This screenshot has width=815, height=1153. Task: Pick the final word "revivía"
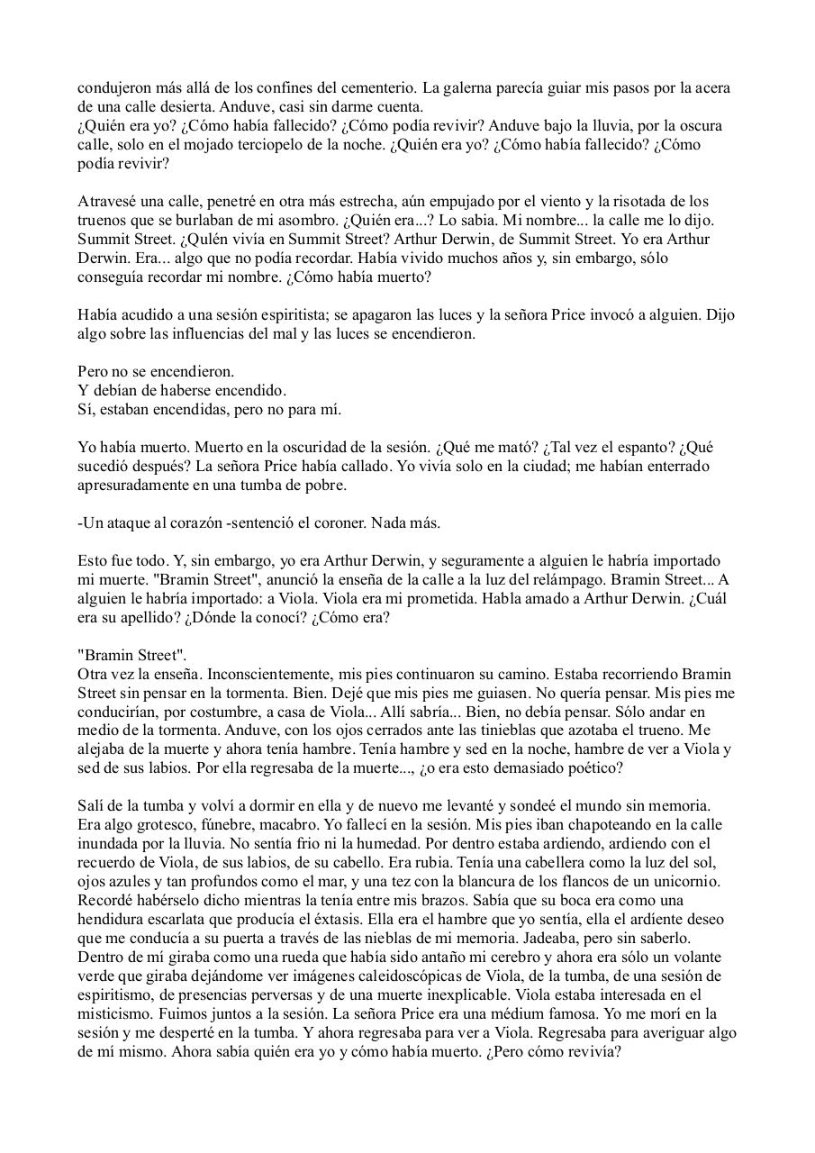(x=592, y=1052)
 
